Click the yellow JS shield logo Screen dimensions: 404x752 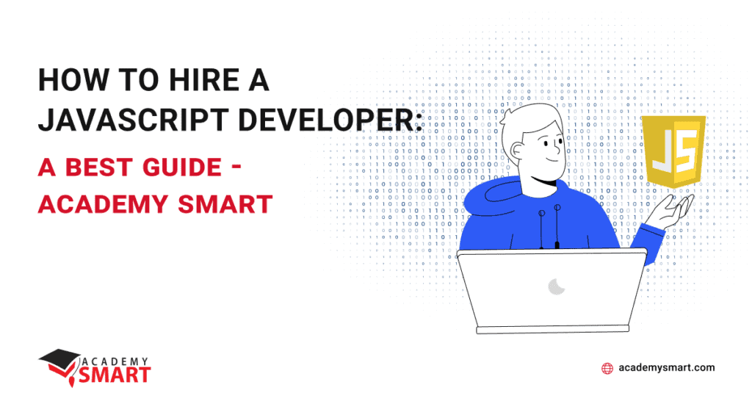673,150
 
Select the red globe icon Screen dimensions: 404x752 607,369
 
